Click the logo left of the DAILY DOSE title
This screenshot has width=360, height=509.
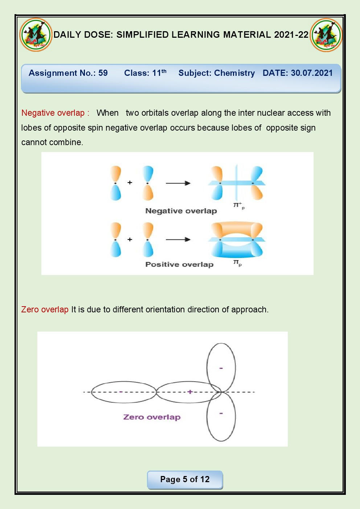(36, 35)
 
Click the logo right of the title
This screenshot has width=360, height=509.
(326, 35)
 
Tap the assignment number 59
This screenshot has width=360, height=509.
(103, 73)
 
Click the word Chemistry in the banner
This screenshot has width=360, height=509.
(234, 73)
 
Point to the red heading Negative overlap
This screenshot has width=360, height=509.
(53, 113)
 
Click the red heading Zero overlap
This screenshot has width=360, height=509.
(45, 309)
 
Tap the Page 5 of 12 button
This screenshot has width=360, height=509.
(185, 479)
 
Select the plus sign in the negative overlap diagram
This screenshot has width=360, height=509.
(130, 182)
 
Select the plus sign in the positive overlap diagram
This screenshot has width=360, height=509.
(130, 239)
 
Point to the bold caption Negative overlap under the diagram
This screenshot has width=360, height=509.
(181, 211)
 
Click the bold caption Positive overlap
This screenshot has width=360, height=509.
(179, 264)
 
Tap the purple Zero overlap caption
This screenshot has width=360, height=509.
(152, 417)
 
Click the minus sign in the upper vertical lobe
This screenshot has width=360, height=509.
(221, 368)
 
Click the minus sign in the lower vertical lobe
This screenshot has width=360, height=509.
(221, 413)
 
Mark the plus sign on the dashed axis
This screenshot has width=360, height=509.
(189, 392)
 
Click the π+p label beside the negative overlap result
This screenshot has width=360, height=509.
(238, 205)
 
